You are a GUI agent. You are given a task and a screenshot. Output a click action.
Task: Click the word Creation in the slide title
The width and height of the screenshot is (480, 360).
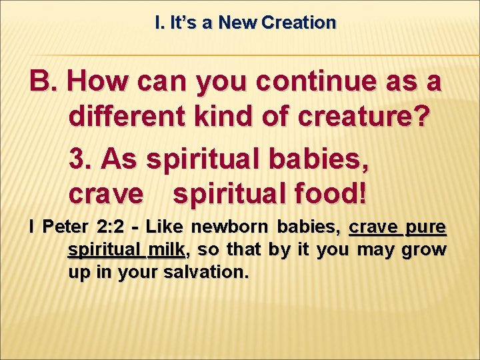pos(299,23)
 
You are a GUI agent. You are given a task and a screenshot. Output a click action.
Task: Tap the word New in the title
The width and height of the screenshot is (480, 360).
pos(239,23)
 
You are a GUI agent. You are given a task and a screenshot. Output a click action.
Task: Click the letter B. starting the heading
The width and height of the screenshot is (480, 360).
pos(44,82)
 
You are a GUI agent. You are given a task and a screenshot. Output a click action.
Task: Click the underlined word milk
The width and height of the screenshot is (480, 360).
pos(167,250)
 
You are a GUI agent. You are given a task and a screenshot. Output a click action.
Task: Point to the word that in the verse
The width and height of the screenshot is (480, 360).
pos(244,250)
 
